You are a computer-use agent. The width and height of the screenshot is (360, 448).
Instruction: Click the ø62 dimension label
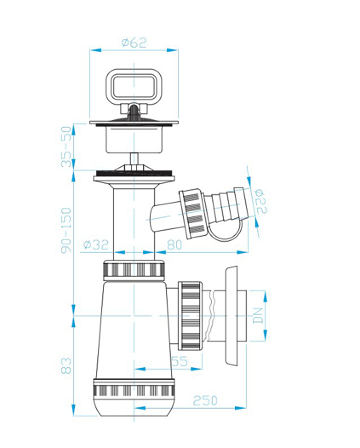(x=133, y=42)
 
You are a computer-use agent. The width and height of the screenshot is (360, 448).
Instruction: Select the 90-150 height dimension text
(x=67, y=230)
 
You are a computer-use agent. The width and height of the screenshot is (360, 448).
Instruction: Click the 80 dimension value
(x=174, y=244)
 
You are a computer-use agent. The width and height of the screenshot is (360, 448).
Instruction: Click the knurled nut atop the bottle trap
(x=134, y=270)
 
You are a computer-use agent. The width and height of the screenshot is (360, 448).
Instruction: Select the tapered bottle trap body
(x=132, y=328)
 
